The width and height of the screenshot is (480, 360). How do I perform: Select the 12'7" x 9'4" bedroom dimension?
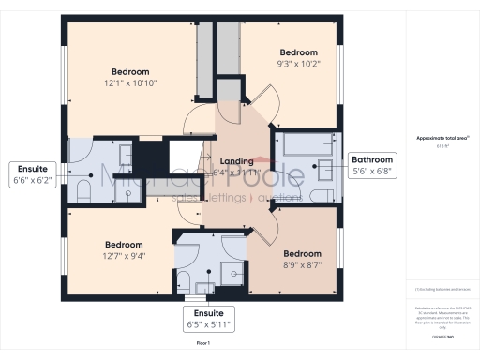(124, 254)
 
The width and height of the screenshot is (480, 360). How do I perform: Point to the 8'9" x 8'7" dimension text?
(303, 266)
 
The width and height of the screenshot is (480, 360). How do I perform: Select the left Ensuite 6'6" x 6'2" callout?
(32, 174)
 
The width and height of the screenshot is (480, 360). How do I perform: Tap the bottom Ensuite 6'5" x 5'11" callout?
(209, 318)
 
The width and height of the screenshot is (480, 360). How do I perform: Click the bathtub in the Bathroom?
(303, 144)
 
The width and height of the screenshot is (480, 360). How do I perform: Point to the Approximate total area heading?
(436, 138)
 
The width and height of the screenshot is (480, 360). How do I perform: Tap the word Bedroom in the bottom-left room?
(124, 243)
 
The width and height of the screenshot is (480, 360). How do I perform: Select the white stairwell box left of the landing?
(180, 154)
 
